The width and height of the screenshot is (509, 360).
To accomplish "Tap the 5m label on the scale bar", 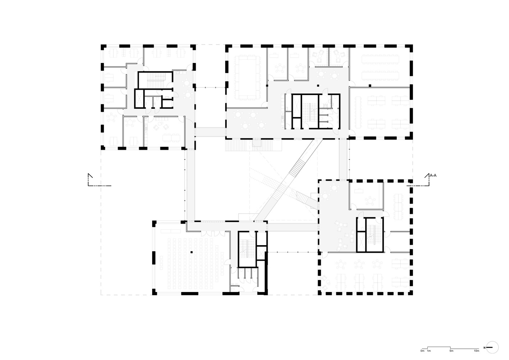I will [x=451, y=350].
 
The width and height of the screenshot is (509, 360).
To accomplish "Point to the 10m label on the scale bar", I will [x=476, y=350].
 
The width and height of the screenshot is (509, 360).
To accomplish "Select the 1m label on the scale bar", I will [x=429, y=350].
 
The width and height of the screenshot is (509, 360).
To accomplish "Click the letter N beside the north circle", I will [x=485, y=347].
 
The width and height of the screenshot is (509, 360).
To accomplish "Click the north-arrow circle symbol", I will [x=493, y=347].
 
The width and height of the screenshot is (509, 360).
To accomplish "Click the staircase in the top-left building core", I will [x=156, y=80].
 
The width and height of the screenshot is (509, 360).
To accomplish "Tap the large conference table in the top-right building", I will [x=248, y=77].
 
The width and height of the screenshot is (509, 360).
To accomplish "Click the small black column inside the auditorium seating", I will [x=192, y=252].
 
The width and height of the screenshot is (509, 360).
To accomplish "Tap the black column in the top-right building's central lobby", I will [x=318, y=86].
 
